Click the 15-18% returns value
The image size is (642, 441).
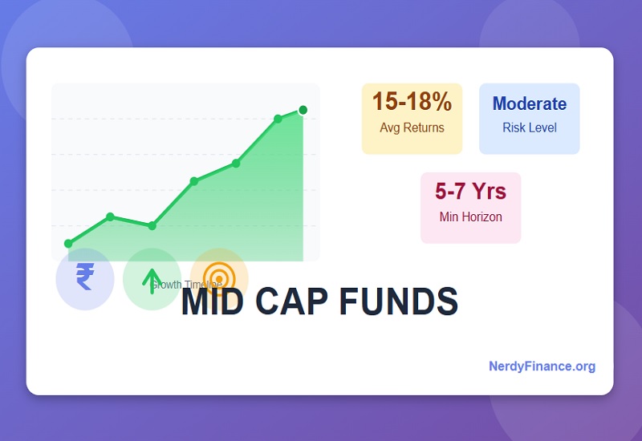click(412, 103)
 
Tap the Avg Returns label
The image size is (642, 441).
click(412, 127)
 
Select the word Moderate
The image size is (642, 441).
click(529, 103)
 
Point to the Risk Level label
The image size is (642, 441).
click(529, 127)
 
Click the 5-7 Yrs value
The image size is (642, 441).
click(470, 192)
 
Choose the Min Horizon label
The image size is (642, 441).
click(470, 216)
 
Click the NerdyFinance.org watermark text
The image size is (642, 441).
click(542, 366)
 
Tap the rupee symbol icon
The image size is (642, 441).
click(84, 277)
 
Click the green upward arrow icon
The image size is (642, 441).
click(152, 279)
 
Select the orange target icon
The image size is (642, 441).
click(218, 276)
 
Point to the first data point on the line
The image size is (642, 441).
click(68, 244)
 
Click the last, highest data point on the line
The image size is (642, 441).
click(303, 110)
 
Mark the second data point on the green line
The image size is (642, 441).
click(110, 216)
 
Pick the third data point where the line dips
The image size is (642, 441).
click(152, 225)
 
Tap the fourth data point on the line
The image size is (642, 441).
click(194, 181)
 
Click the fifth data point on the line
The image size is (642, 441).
click(236, 163)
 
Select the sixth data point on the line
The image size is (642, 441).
click(278, 119)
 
